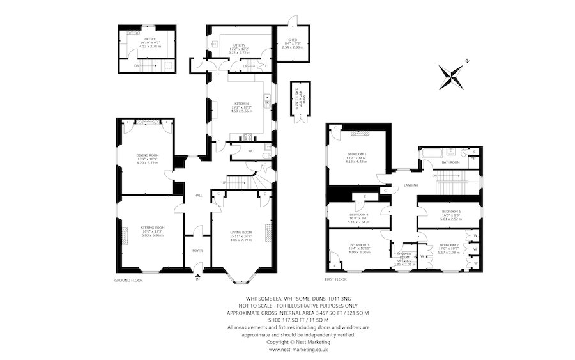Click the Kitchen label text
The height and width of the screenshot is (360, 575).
240,103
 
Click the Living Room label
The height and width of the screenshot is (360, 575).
241,232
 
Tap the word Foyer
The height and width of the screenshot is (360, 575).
197,251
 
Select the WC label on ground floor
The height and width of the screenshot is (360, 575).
234,151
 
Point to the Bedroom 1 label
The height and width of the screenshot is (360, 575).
357,155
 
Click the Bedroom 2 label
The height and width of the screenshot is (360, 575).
449,245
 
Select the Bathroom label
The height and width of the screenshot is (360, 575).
451,162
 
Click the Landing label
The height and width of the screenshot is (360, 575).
411,185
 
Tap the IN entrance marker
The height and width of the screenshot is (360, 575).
197,279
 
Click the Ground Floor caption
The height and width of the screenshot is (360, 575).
128,280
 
